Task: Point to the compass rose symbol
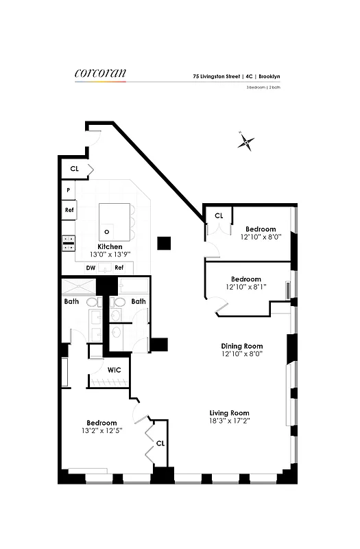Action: (247, 143)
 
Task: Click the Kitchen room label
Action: (110, 246)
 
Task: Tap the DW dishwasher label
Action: (91, 268)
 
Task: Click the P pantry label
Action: (69, 190)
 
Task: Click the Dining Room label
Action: (241, 345)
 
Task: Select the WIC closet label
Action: (115, 370)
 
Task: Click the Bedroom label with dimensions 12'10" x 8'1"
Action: (245, 279)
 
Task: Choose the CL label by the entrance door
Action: (74, 168)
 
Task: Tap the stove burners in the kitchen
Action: (69, 241)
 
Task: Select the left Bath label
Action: (71, 301)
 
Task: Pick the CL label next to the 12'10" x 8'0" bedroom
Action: (219, 215)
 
